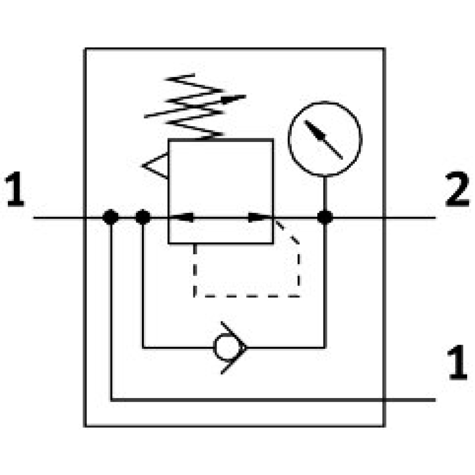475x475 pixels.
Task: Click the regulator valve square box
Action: click(x=221, y=186)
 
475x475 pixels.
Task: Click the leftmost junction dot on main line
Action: click(x=110, y=217)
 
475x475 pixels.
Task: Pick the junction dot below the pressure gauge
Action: click(x=325, y=217)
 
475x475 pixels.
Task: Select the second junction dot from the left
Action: click(x=143, y=217)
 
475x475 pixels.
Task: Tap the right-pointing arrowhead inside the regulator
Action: click(x=258, y=217)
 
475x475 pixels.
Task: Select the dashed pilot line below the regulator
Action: click(x=246, y=295)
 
